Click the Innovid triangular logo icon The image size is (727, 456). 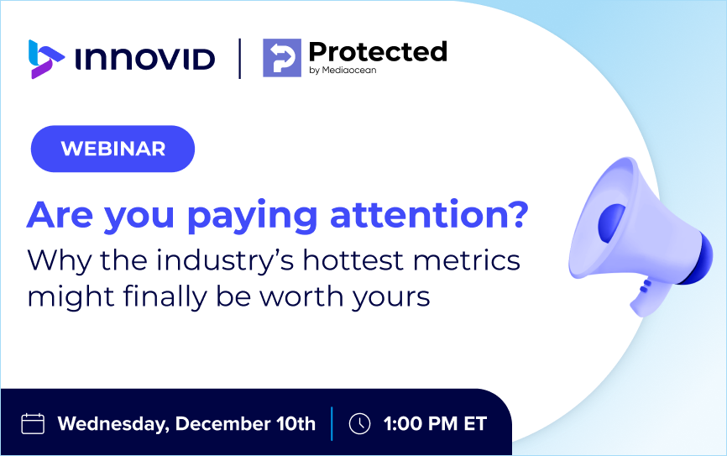45,59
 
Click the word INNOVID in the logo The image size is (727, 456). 144,59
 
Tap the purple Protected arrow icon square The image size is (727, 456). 282,57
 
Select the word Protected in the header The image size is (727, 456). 378,51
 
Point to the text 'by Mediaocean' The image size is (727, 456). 343,70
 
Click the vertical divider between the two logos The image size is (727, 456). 240,59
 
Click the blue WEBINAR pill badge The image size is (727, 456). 112,149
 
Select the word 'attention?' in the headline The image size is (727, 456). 429,215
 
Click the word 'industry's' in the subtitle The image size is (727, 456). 225,260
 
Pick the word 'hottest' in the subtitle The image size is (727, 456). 353,259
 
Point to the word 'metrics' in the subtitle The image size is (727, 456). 467,259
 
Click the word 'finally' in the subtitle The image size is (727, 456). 165,297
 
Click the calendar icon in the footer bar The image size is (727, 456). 33,423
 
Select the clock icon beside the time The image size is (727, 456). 359,423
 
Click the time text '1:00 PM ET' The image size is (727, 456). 435,423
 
